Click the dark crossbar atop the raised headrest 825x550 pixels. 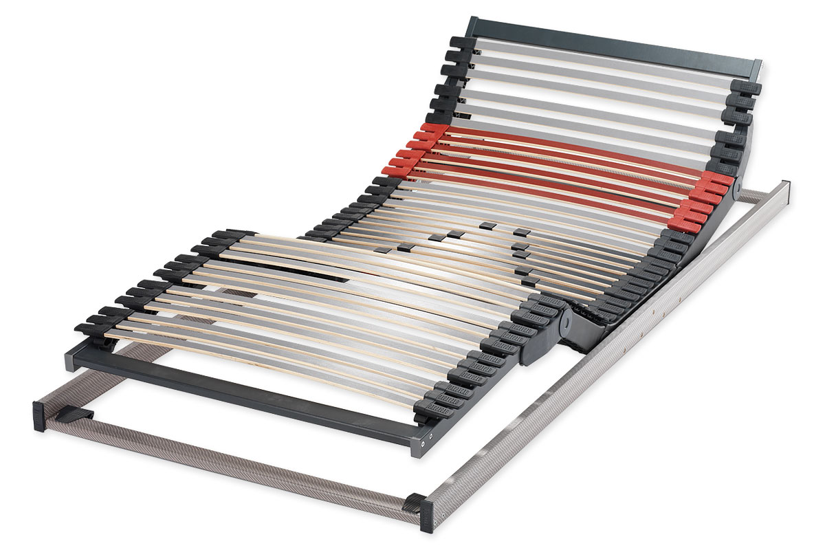click(x=612, y=43)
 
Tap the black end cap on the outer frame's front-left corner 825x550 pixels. click(x=39, y=415)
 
